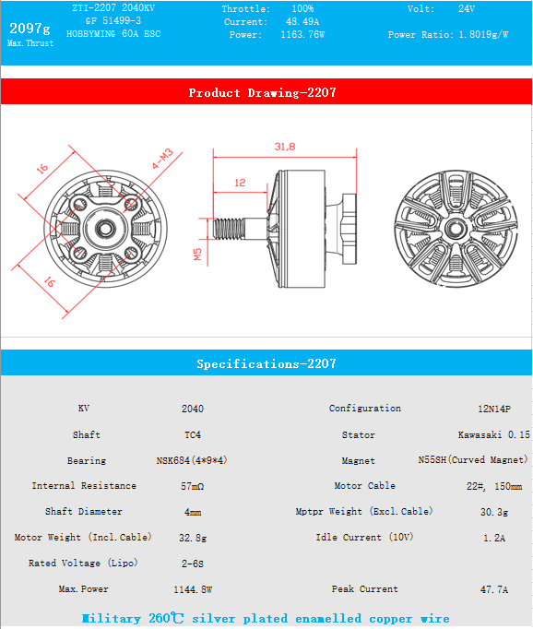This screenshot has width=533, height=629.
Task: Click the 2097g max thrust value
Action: [30, 29]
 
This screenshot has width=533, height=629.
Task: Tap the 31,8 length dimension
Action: [284, 147]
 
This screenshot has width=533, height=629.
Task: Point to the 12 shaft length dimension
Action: [240, 183]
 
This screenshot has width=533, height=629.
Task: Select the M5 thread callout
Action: [197, 255]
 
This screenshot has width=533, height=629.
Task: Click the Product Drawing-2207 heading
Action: [262, 92]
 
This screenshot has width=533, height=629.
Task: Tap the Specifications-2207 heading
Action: [266, 363]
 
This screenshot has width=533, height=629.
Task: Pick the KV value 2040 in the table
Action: [193, 409]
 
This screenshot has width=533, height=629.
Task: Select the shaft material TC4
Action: [193, 434]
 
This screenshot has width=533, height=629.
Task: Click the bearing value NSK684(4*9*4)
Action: [193, 460]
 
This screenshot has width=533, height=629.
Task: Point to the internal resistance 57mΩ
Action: [193, 486]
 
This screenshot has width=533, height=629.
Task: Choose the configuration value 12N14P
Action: [493, 409]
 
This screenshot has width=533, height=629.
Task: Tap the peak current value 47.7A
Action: [493, 589]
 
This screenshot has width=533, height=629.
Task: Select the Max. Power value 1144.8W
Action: [193, 589]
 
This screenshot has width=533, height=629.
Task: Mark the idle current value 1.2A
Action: [493, 538]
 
